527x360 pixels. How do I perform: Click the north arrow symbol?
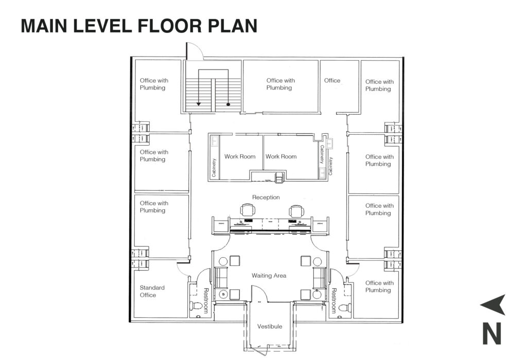click(x=494, y=304)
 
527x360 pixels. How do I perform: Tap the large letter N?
click(x=491, y=333)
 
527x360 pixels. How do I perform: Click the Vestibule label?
click(x=270, y=327)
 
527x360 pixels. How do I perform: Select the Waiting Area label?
click(x=269, y=276)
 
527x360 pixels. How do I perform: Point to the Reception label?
click(x=266, y=197)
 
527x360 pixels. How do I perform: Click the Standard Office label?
click(x=152, y=291)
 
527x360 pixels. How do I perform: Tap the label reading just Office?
click(x=332, y=81)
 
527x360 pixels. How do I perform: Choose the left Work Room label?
click(x=240, y=156)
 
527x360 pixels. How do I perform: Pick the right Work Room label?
click(x=281, y=156)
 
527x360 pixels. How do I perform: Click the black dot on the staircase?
click(x=228, y=104)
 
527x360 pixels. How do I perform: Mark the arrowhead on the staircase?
click(x=199, y=104)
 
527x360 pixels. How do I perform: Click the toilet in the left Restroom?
click(x=196, y=305)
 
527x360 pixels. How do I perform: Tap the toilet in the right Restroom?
click(x=345, y=308)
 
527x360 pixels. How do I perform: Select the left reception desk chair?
click(x=248, y=210)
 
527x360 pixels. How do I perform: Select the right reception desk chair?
click(x=296, y=211)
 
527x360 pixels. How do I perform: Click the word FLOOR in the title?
click(x=169, y=26)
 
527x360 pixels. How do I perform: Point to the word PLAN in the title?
click(x=233, y=26)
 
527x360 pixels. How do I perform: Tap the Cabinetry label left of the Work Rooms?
click(x=214, y=168)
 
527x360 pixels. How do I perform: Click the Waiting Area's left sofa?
click(x=221, y=278)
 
